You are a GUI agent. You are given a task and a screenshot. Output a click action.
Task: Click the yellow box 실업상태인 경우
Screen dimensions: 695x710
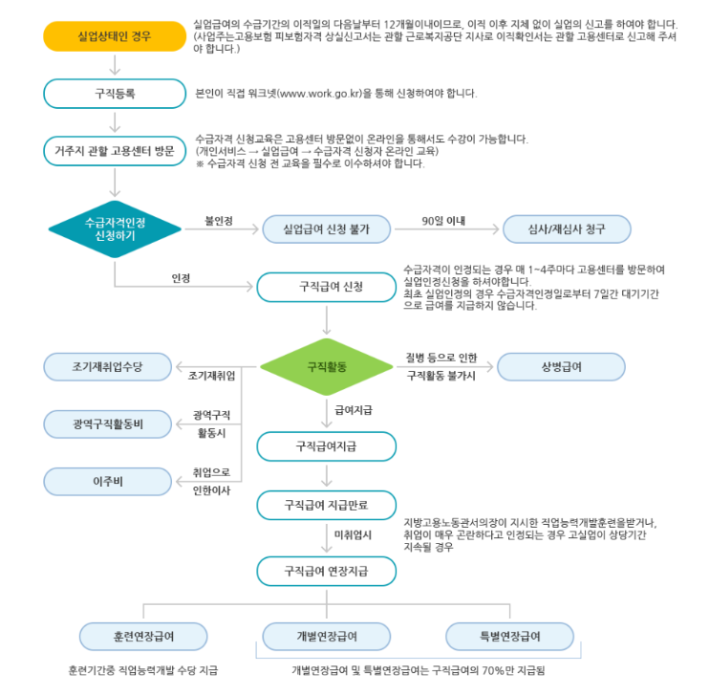[114, 37]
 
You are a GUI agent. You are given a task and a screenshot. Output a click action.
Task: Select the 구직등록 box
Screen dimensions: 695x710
[114, 93]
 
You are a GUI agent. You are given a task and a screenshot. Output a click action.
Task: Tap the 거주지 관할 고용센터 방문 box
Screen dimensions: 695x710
[114, 150]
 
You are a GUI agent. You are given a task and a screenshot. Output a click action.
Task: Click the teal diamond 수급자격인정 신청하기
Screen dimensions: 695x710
[114, 228]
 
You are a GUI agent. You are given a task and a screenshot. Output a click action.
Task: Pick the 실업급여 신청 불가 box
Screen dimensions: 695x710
[327, 229]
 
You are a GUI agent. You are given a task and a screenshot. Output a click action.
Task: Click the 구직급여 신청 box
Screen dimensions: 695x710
[327, 286]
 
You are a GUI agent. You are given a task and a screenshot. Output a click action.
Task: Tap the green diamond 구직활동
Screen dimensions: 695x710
[327, 366]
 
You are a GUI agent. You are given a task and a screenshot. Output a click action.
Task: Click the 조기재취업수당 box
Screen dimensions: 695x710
[107, 366]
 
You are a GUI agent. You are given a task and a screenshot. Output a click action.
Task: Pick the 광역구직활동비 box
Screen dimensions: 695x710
[107, 424]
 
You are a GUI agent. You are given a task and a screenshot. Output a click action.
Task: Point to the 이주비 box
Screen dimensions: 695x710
[107, 481]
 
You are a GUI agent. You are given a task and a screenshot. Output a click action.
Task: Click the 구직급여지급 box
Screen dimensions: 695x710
[327, 446]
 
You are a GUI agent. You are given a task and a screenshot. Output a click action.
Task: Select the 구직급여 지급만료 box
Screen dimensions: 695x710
[327, 504]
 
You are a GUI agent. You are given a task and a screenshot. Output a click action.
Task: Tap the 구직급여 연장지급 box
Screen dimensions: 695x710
[327, 572]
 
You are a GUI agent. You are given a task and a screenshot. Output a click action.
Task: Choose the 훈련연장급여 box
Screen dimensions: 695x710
[143, 636]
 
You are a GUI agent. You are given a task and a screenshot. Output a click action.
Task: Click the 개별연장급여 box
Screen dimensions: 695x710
[327, 636]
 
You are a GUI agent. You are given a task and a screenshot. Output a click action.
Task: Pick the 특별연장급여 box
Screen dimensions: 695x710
[510, 636]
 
